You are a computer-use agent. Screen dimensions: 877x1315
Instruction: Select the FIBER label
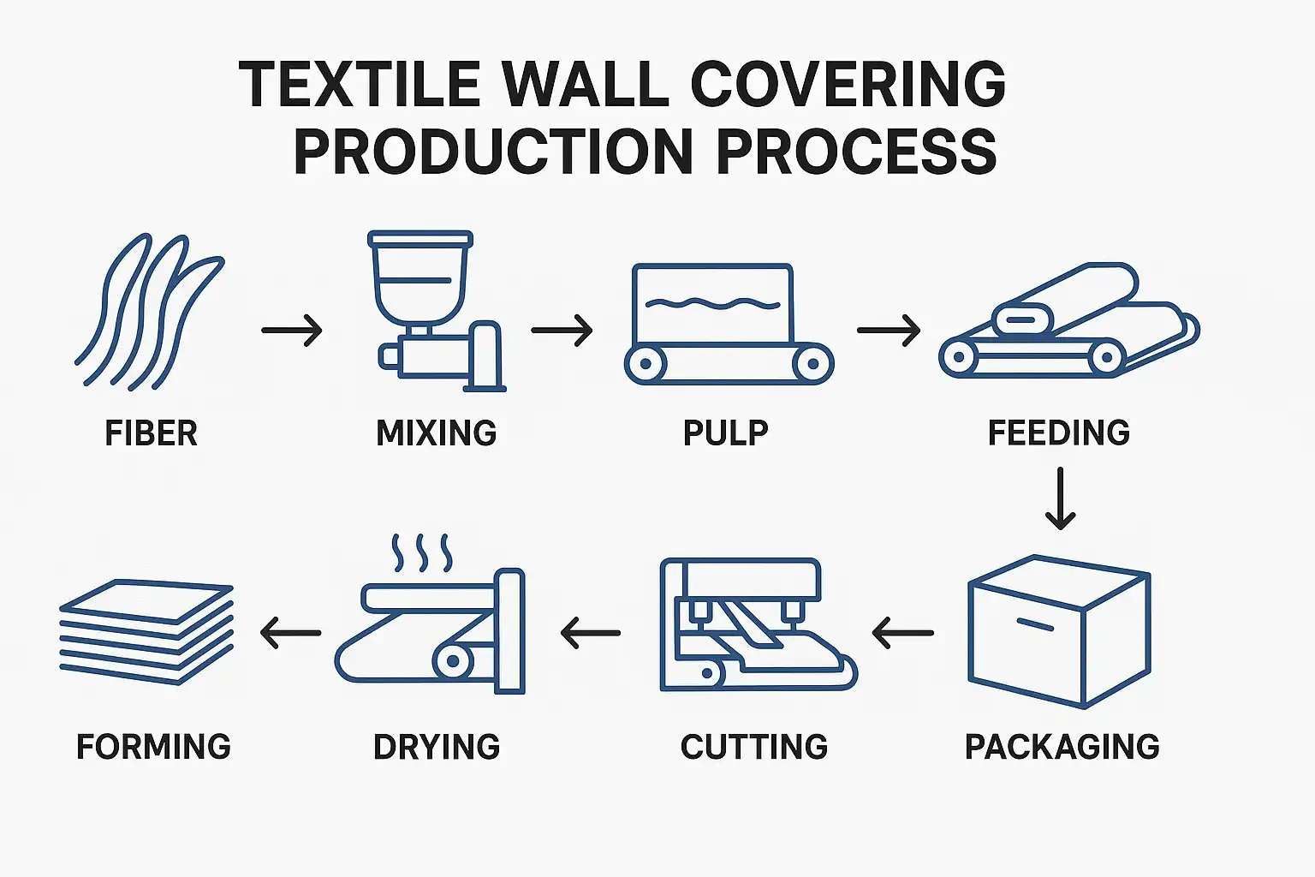point(152,433)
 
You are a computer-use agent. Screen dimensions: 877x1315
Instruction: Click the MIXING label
point(437,433)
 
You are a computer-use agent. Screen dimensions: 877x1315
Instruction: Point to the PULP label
point(726,433)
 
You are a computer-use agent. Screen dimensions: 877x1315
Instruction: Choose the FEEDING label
point(1059,433)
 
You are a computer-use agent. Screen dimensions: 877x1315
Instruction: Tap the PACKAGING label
point(1062,747)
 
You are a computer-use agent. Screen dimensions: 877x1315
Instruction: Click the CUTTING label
point(754,747)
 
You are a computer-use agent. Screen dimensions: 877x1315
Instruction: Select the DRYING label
point(437,747)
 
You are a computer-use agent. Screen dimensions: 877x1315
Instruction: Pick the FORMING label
point(154,747)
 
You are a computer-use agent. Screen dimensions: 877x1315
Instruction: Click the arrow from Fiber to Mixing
point(292,330)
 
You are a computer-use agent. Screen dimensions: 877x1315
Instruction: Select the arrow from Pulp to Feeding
point(889,330)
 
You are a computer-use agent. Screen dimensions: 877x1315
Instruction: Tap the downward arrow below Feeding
point(1061,498)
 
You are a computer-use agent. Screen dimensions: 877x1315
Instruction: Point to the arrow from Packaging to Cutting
point(903,634)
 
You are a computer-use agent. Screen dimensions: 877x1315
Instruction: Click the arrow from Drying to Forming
point(290,634)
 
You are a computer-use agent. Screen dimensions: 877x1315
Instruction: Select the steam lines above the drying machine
point(421,553)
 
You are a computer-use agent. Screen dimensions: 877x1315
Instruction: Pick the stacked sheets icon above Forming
point(146,631)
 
